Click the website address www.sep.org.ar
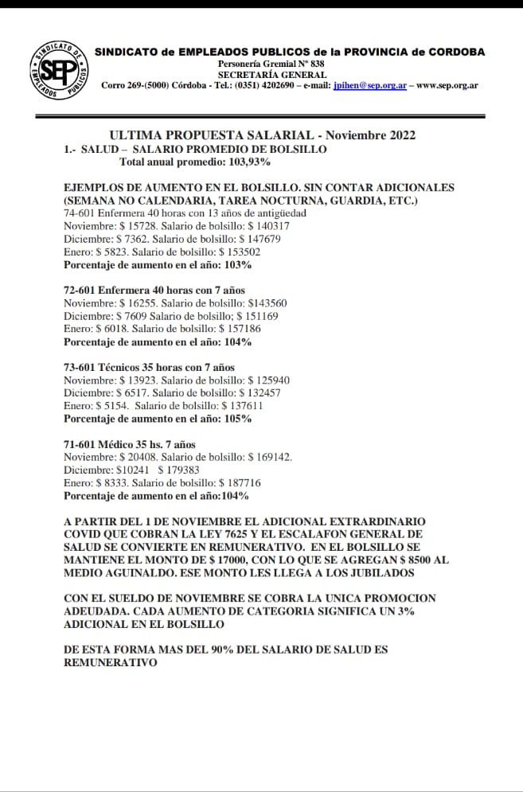click(447, 85)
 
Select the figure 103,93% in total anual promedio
click(246, 162)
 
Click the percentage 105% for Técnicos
click(238, 419)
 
